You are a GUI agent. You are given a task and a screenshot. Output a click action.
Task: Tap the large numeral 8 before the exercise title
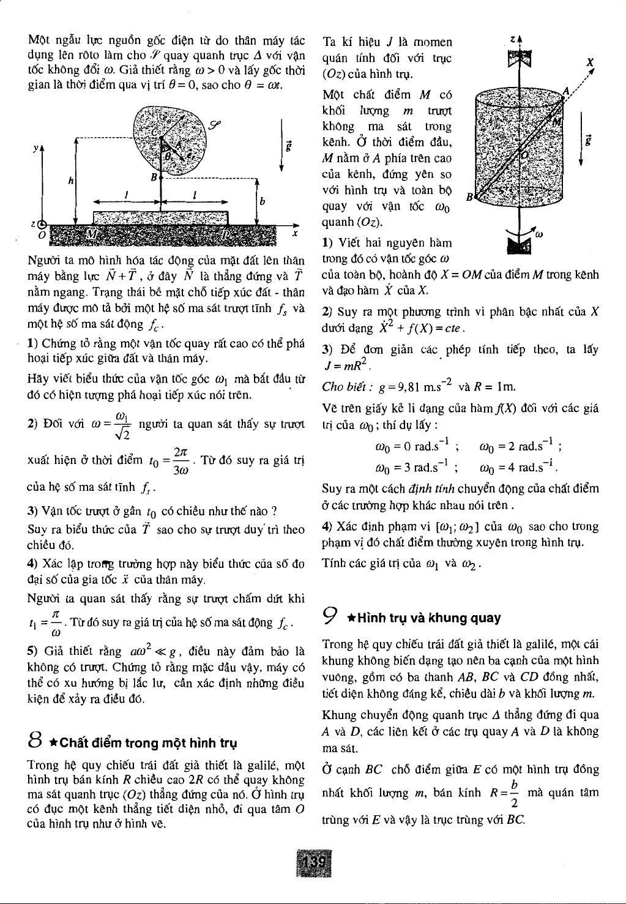tap(35, 742)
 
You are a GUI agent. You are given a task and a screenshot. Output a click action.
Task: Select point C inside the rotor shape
tap(155, 132)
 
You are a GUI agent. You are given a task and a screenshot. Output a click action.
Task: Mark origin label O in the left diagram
tap(41, 235)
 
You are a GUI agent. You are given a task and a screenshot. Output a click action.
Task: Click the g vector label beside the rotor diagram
tap(289, 146)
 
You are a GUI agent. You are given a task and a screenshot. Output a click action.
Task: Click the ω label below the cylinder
tap(539, 233)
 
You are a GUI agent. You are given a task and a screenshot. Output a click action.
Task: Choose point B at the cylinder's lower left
tap(469, 197)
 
